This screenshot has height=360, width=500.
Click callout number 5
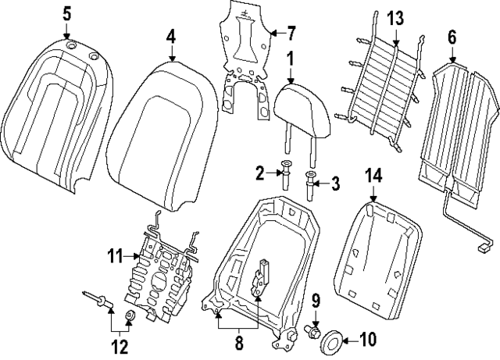pos(66,13)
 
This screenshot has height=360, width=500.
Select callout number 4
pos(170,36)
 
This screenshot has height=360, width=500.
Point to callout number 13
pos(395,17)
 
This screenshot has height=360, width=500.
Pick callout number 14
pos(373,178)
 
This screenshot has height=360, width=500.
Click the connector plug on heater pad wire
pos(485,248)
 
